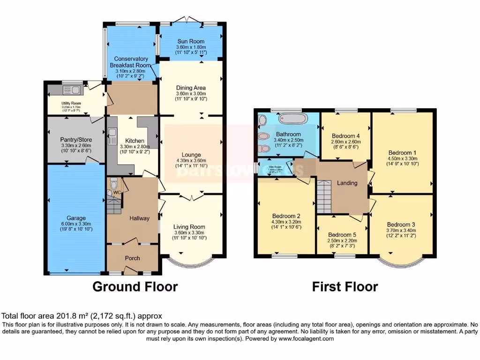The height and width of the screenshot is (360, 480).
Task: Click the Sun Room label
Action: click(x=190, y=42)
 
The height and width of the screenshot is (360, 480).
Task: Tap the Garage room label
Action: click(x=75, y=218)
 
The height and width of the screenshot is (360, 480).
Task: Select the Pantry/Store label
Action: click(x=76, y=140)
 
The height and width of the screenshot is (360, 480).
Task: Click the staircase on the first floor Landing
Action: click(x=323, y=195)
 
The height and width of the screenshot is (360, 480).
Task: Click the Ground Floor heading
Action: click(x=135, y=286)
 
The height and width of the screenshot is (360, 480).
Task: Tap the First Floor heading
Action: click(x=345, y=286)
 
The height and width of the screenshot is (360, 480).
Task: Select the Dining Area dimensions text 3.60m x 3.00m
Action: click(x=190, y=94)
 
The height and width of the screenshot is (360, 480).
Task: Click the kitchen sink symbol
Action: click(x=112, y=139)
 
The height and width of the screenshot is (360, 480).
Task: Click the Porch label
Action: click(x=132, y=258)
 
